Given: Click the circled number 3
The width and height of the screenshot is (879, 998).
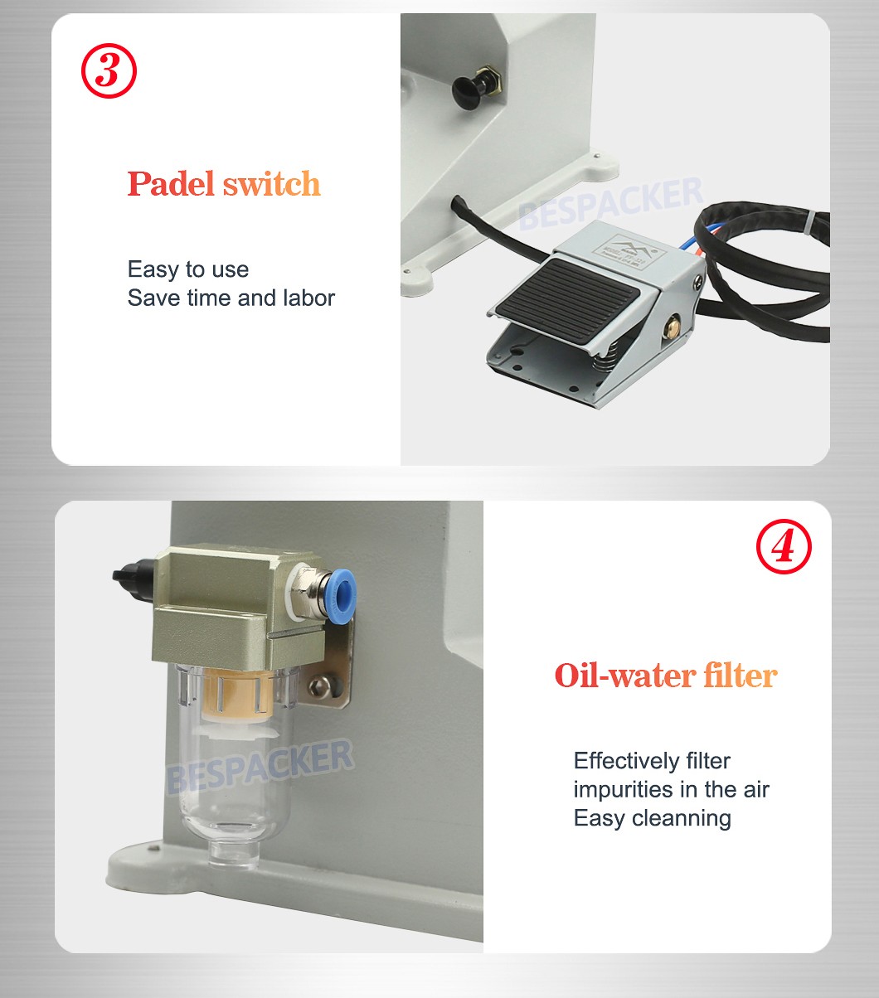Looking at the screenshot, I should (x=109, y=72).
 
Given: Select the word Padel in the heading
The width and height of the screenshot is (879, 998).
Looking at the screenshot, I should (x=171, y=184).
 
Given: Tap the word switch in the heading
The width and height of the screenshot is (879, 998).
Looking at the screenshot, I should (x=272, y=184).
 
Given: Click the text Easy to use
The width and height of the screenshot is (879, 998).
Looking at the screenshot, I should (x=188, y=269).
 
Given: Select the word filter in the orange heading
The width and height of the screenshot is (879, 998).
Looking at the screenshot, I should (x=740, y=676).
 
